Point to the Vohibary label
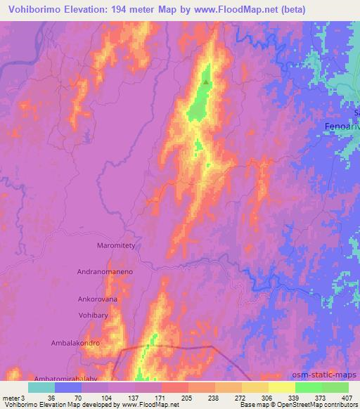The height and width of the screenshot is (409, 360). (x=93, y=316)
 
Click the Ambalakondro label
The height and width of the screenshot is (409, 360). (x=92, y=344)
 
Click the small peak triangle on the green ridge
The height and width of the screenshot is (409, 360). (x=205, y=82)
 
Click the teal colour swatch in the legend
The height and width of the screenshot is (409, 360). (x=41, y=387)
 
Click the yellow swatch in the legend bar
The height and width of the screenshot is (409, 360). (x=281, y=387)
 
